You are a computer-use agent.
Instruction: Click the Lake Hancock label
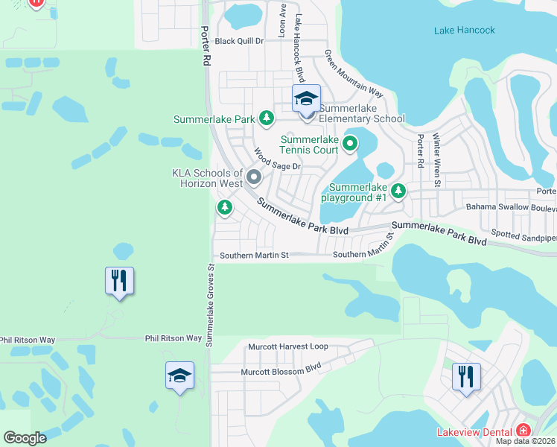click(463, 31)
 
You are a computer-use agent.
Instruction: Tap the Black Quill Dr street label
click(239, 42)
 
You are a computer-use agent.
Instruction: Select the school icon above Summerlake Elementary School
click(306, 98)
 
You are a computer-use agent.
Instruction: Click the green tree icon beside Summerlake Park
click(266, 118)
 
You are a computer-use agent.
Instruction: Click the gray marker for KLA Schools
click(254, 177)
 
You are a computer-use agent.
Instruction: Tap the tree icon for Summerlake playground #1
click(398, 191)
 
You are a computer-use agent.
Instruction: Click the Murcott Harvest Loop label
click(287, 346)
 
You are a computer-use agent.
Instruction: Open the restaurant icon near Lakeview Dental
click(466, 375)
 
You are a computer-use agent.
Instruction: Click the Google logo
click(25, 438)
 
